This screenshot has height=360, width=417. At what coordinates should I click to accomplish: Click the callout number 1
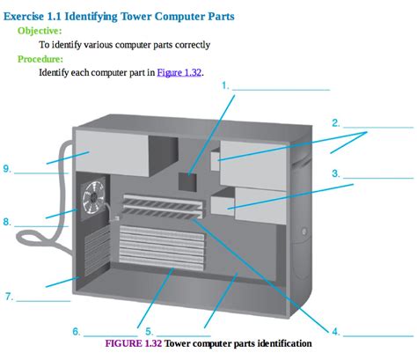click(225, 85)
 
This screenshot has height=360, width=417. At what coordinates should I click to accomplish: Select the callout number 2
click(336, 122)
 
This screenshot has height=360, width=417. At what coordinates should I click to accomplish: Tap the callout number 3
click(336, 173)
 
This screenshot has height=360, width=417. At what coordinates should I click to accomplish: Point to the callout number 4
click(335, 331)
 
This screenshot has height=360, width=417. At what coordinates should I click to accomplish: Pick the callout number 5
click(149, 331)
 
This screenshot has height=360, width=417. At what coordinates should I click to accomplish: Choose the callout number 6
click(77, 331)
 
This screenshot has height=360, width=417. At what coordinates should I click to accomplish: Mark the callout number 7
click(9, 297)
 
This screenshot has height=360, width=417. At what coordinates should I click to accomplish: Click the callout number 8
click(7, 222)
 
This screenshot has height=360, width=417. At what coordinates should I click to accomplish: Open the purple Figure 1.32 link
click(179, 73)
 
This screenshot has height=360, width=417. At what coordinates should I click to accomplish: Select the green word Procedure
click(41, 59)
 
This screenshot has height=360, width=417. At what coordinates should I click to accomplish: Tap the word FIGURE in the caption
click(126, 343)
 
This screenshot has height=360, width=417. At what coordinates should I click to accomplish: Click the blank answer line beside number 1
click(281, 88)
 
